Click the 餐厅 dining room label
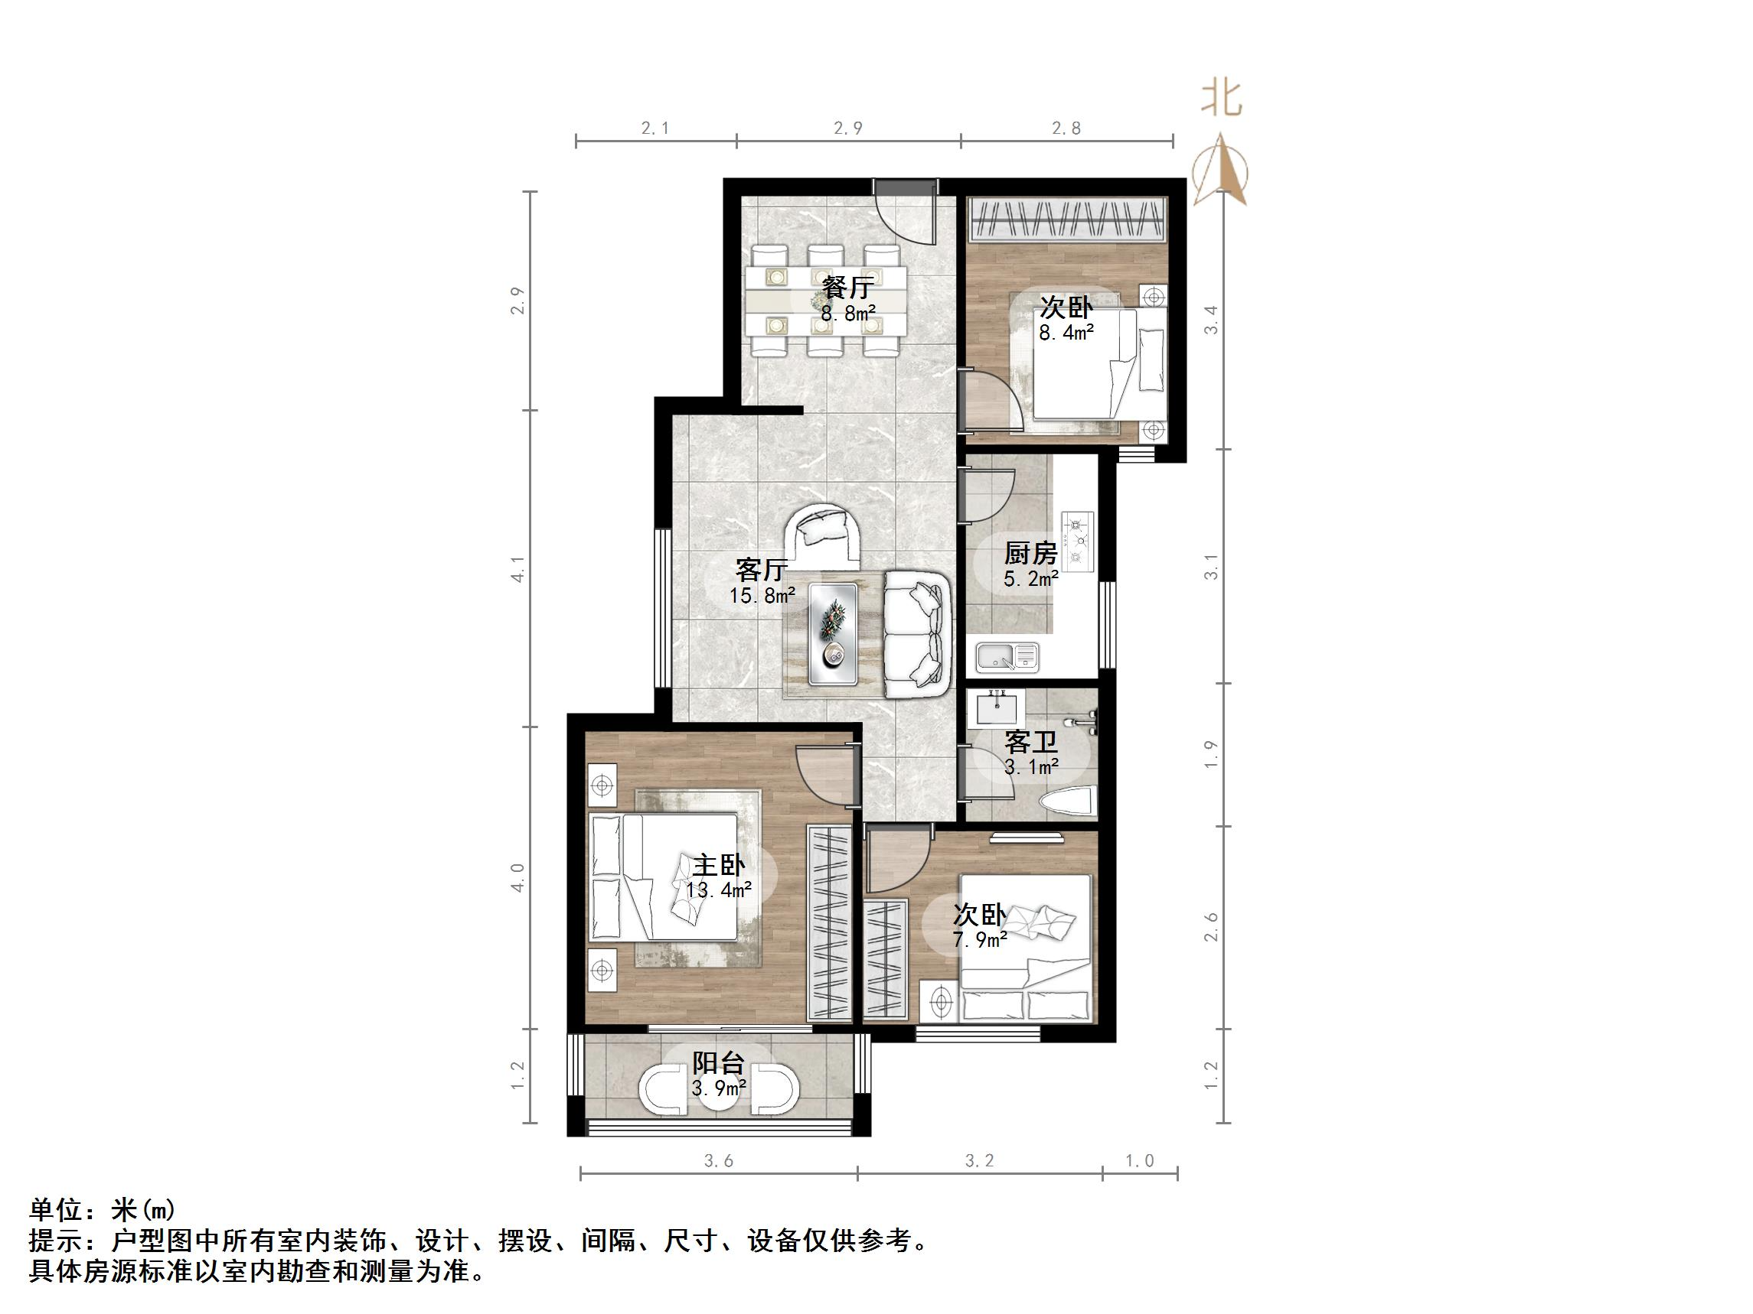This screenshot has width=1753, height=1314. pyautogui.click(x=847, y=286)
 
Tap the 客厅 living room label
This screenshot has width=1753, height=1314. pyautogui.click(x=761, y=569)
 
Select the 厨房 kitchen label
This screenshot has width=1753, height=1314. pyautogui.click(x=1030, y=553)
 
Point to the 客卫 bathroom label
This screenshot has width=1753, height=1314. pyautogui.click(x=1030, y=742)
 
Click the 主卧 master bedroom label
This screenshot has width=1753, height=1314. pyautogui.click(x=719, y=864)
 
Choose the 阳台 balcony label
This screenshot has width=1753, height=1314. pyautogui.click(x=718, y=1063)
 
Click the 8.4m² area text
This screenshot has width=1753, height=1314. pyautogui.click(x=1066, y=333)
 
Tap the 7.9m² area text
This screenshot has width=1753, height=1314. pyautogui.click(x=980, y=939)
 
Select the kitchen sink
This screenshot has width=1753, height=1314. pyautogui.click(x=1007, y=656)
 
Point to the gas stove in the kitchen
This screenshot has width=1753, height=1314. pyautogui.click(x=1078, y=542)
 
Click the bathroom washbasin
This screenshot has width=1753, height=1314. pyautogui.click(x=995, y=707)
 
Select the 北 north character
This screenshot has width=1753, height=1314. pyautogui.click(x=1221, y=99)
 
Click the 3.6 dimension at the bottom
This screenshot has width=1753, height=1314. pyautogui.click(x=718, y=1161)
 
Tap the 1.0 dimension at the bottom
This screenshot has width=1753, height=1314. pyautogui.click(x=1140, y=1161)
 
